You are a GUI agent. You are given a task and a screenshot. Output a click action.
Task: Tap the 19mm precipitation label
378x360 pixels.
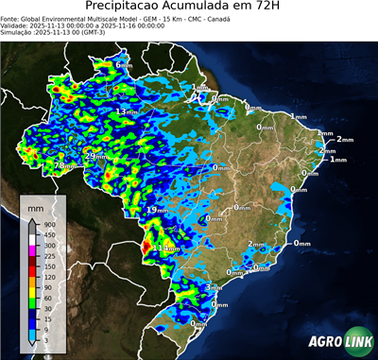(x=156, y=210)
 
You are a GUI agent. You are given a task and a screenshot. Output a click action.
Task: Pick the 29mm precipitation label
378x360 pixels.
(x=95, y=156)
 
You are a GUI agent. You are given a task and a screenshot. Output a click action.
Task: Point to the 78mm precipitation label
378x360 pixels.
(x=62, y=165)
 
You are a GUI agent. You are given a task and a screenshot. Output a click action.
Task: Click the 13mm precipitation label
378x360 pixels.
(x=125, y=112)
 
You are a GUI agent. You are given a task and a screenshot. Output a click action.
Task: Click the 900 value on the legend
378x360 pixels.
(x=49, y=223)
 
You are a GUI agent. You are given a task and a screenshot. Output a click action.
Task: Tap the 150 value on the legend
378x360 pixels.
(x=49, y=266)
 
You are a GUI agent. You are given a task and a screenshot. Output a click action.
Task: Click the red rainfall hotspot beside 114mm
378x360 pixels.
(x=145, y=249)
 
